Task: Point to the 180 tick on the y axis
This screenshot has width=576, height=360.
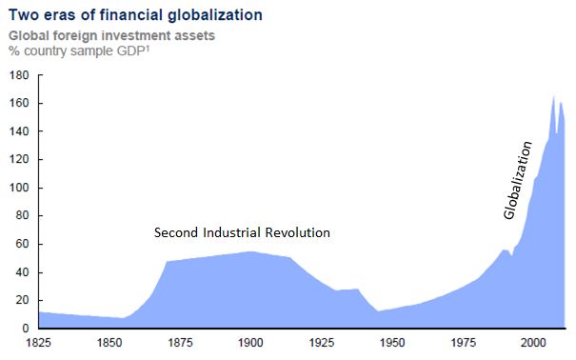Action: [x=18, y=74]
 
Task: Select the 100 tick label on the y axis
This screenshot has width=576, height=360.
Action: [x=18, y=188]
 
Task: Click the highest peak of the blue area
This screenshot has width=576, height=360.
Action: [x=553, y=96]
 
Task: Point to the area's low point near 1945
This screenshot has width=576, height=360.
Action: [x=378, y=310]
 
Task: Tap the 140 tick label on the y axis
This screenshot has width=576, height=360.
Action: [x=18, y=131]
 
